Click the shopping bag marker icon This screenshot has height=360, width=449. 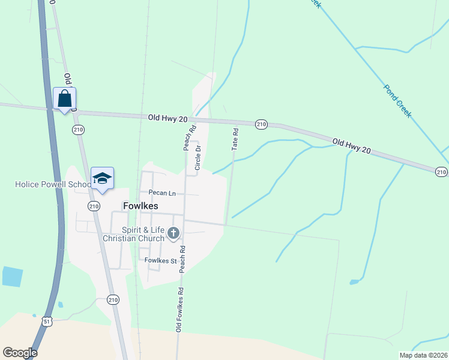pyautogui.click(x=64, y=99)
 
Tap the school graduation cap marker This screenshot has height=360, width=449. pyautogui.click(x=102, y=178)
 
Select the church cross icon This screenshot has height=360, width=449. pyautogui.click(x=173, y=233)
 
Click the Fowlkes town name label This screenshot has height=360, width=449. pyautogui.click(x=140, y=206)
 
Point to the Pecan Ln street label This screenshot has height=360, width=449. pyautogui.click(x=163, y=193)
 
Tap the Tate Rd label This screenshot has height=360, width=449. pyautogui.click(x=236, y=139)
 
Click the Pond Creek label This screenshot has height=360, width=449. pyautogui.click(x=398, y=100)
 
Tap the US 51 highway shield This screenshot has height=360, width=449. pyautogui.click(x=47, y=322)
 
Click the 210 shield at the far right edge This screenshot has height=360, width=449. pyautogui.click(x=441, y=172)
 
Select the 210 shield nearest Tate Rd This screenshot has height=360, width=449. pyautogui.click(x=261, y=124)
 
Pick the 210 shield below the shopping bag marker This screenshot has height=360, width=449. pyautogui.click(x=77, y=130)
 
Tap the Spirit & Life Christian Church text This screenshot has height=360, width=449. pyautogui.click(x=133, y=234)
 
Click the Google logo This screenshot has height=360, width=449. pyautogui.click(x=20, y=353)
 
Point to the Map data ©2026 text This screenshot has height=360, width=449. pyautogui.click(x=423, y=355)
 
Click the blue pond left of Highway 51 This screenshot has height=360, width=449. pyautogui.click(x=12, y=277)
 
